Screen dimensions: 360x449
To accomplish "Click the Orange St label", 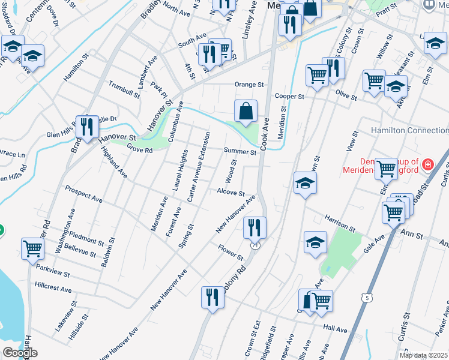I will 249,85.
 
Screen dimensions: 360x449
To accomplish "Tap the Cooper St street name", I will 289,96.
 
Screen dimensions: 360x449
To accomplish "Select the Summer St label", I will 240,152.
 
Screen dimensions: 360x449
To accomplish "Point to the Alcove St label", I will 231,193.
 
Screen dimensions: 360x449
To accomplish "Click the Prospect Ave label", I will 83,196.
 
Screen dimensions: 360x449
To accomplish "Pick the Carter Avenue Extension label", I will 199,167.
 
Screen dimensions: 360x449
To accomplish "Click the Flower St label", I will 230,252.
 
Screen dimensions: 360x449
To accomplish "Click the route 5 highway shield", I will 366,297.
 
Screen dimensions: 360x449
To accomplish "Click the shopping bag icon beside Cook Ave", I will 246,111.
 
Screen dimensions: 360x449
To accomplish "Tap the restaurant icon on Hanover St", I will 88,127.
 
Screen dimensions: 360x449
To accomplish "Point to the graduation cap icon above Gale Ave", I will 315,242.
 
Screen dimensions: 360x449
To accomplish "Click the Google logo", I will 20,353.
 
